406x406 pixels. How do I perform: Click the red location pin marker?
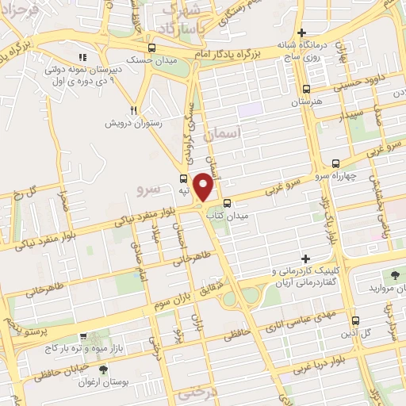click(x=204, y=187)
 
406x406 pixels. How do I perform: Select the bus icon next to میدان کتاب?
click(x=228, y=202)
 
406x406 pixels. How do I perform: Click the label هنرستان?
click(x=307, y=102)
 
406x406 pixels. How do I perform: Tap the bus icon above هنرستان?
click(x=307, y=90)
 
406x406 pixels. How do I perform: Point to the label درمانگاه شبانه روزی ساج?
click(x=301, y=51)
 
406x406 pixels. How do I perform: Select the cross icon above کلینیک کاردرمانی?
click(x=306, y=259)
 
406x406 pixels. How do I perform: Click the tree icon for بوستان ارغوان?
click(x=104, y=370)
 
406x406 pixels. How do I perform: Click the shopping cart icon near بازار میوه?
click(x=84, y=335)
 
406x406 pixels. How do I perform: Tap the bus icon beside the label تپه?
click(x=184, y=179)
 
